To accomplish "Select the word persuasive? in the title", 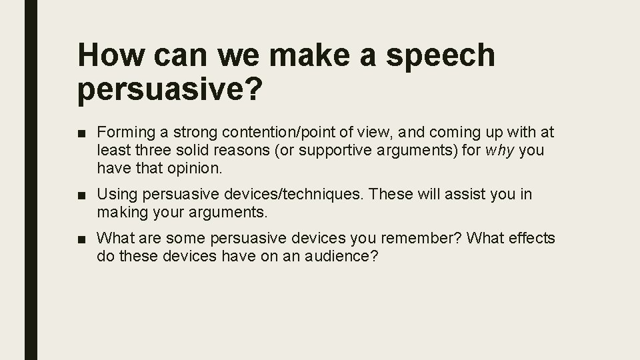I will pyautogui.click(x=167, y=91).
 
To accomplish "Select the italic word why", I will pyautogui.click(x=500, y=151).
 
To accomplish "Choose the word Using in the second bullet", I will pyautogui.click(x=115, y=195).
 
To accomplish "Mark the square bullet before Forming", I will pyautogui.click(x=82, y=133).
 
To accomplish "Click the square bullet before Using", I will pyautogui.click(x=82, y=195).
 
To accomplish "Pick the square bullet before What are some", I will pyautogui.click(x=82, y=239).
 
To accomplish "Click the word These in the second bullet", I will pyautogui.click(x=389, y=195).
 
